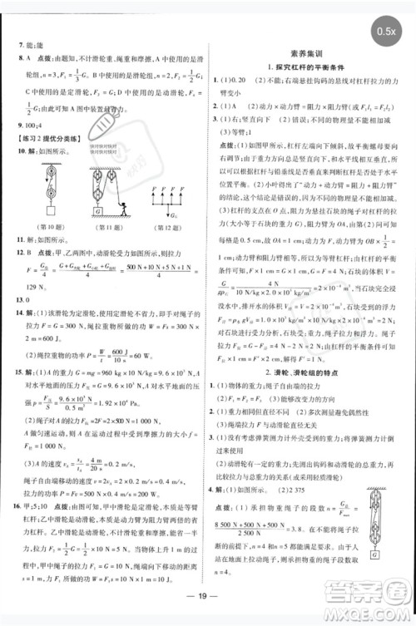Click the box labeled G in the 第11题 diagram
(99, 211)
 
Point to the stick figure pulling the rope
(125, 202)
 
